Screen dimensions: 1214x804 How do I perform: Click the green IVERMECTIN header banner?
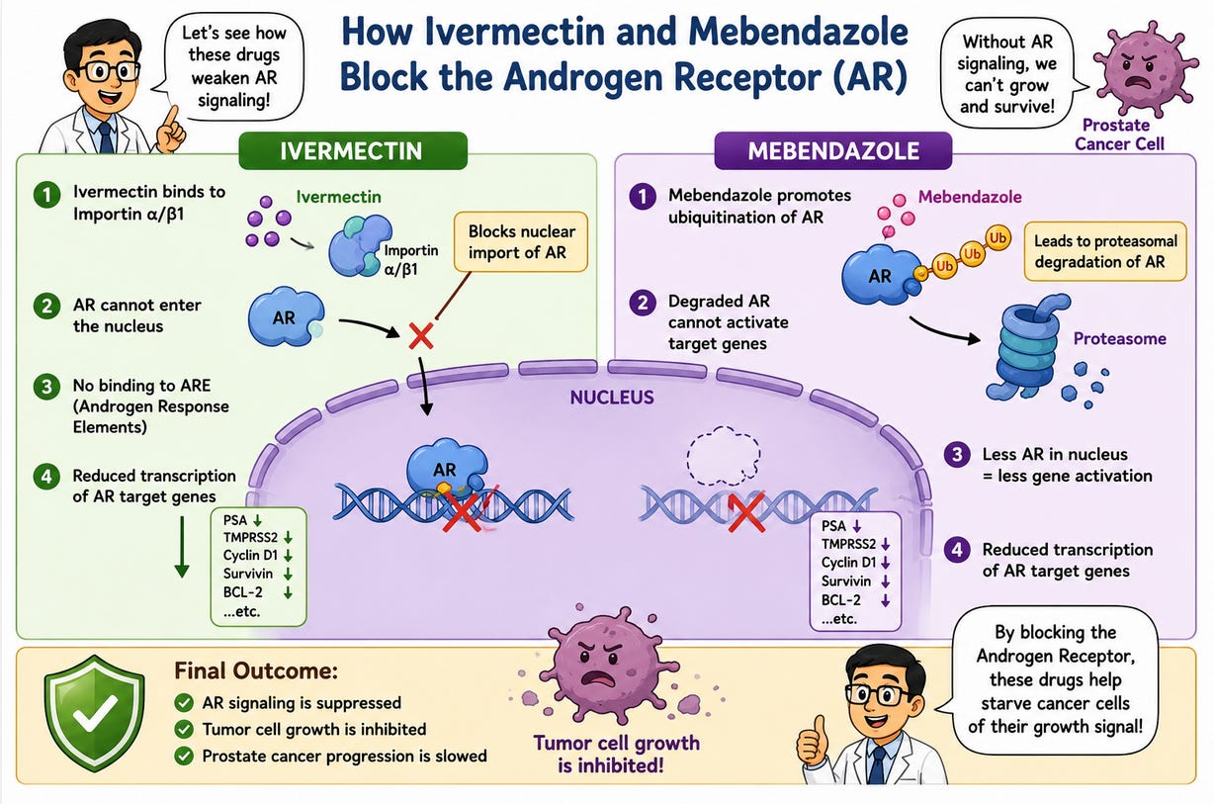(353, 150)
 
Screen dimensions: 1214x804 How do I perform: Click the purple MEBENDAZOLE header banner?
(833, 150)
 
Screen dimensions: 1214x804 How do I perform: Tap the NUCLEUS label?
(612, 398)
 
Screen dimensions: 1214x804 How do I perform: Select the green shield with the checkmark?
(95, 712)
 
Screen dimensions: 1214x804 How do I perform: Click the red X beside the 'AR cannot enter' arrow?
(420, 336)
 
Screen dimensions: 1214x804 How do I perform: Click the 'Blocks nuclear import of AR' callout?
(521, 242)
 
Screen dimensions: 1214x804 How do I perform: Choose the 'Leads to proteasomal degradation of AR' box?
(1105, 251)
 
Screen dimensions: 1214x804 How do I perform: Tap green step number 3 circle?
(46, 387)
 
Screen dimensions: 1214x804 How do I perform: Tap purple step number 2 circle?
(643, 303)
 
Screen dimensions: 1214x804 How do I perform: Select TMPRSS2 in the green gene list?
(250, 537)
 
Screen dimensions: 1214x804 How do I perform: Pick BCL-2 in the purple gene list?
(840, 600)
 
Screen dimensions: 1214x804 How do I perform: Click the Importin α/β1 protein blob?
(358, 245)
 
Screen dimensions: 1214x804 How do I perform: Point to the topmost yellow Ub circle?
(997, 238)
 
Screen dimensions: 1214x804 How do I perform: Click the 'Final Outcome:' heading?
(256, 671)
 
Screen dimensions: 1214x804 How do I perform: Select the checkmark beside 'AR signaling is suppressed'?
(184, 703)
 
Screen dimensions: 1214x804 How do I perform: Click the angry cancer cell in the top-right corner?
(1145, 68)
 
